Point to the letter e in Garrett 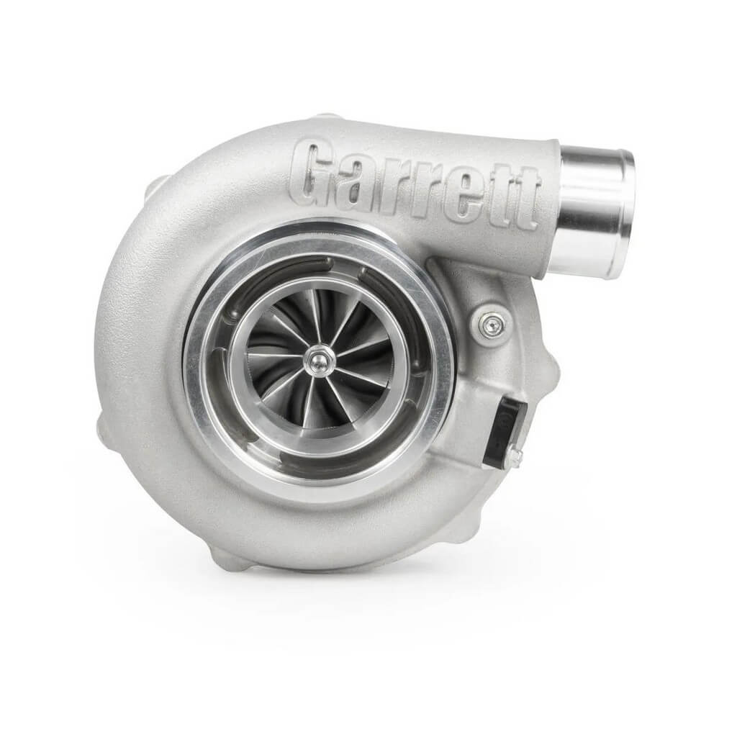[463, 189]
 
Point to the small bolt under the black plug [512, 456]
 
